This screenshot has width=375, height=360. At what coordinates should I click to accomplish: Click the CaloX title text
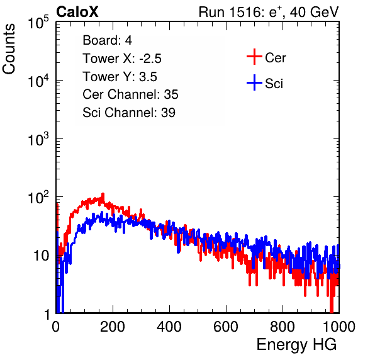(x=77, y=12)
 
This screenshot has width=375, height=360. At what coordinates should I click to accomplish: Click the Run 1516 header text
(x=269, y=12)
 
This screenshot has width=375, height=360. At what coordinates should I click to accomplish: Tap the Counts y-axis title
(x=9, y=49)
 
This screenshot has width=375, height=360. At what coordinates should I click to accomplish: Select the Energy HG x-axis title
(x=296, y=345)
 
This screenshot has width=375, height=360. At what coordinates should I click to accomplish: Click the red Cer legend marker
(x=254, y=57)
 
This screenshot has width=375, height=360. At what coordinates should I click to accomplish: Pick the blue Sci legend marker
(x=254, y=82)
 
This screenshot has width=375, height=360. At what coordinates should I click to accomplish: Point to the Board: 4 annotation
(x=107, y=40)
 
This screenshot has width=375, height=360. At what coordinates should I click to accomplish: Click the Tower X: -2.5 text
(x=122, y=59)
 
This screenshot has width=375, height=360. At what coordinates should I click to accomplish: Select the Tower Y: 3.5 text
(x=120, y=77)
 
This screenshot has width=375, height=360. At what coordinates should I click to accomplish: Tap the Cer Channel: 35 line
(x=130, y=94)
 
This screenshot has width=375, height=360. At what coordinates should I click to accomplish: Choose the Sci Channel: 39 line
(x=129, y=113)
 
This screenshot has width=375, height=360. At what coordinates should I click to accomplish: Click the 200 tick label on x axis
(x=113, y=327)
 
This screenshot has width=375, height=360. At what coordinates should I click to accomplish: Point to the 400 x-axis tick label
(x=169, y=327)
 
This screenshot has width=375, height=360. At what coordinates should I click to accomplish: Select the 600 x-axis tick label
(x=226, y=327)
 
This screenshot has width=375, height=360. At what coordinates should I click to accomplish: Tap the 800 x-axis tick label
(x=283, y=327)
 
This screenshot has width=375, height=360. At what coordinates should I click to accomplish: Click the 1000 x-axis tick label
(x=339, y=327)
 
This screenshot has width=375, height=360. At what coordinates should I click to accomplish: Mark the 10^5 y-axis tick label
(x=38, y=23)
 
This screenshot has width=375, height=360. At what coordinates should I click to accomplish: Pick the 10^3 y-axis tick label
(x=38, y=140)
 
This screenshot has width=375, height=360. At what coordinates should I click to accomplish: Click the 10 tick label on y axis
(x=41, y=256)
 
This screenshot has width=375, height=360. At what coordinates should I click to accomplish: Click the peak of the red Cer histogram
(x=103, y=194)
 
